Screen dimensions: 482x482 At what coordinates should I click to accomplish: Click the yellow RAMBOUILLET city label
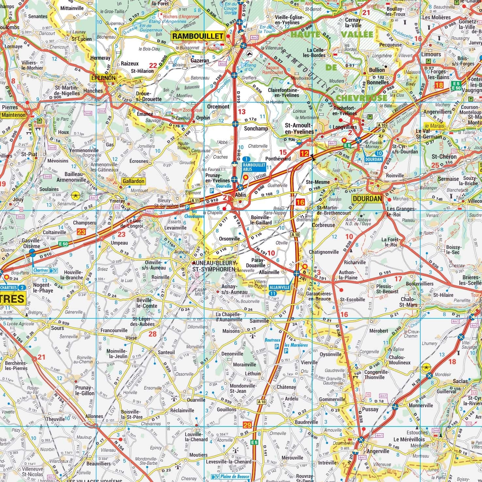click(198, 36)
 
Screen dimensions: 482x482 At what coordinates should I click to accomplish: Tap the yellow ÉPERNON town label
click(104, 78)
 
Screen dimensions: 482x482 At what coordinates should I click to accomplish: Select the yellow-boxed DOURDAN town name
click(367, 199)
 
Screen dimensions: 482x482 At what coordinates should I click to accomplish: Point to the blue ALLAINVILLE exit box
click(280, 287)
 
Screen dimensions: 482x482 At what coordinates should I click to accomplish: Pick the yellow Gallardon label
click(133, 181)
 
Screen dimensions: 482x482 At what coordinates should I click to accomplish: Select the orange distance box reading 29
click(248, 425)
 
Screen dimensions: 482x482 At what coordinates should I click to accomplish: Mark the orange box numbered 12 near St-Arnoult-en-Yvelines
click(304, 154)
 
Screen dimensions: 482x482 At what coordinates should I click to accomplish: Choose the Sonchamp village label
click(256, 128)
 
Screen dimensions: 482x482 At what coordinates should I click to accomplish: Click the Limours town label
click(431, 54)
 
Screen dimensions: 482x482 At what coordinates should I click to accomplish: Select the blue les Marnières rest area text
click(296, 345)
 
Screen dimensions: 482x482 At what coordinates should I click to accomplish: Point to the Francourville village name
click(114, 330)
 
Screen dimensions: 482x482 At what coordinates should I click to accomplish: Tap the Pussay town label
click(370, 409)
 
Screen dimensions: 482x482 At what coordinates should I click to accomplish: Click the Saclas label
click(460, 381)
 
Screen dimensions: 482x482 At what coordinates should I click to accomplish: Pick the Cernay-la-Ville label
click(353, 22)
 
